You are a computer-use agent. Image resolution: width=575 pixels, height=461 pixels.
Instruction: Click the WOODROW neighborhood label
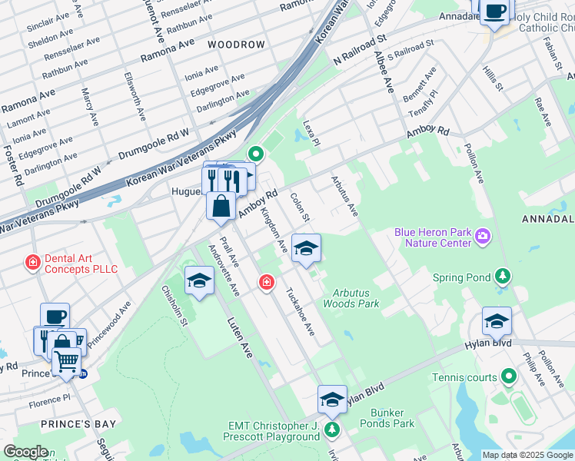click(236, 45)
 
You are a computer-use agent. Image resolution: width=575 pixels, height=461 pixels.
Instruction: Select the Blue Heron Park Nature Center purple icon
click(483, 235)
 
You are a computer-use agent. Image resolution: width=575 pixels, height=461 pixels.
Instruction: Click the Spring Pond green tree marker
click(502, 276)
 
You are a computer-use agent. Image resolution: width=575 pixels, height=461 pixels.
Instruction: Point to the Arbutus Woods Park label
click(356, 298)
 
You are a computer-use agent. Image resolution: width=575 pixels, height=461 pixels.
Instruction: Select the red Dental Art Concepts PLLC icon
click(33, 263)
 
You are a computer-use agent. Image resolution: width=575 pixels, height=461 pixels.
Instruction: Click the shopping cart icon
click(67, 360)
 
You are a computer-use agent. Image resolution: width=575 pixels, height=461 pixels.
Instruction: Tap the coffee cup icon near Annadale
click(496, 11)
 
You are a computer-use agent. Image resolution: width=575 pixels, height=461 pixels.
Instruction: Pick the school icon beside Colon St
click(306, 248)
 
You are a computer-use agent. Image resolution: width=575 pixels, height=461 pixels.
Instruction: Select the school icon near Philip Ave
click(497, 321)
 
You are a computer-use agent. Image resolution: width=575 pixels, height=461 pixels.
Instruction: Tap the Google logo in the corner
click(25, 452)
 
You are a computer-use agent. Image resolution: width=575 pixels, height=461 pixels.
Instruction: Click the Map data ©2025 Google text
click(527, 455)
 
